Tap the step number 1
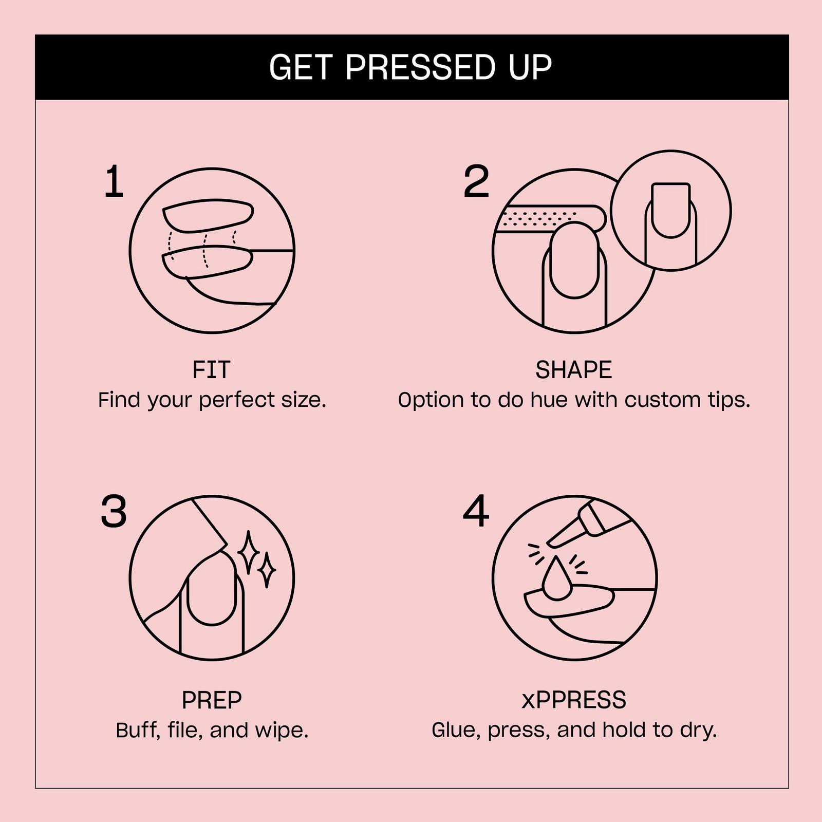[114, 182]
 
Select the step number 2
[476, 182]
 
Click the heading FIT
[211, 370]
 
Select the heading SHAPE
[573, 370]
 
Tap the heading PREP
[211, 700]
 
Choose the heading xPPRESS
[573, 700]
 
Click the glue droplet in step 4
[556, 581]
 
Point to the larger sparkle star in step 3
[249, 552]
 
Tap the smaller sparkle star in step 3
[267, 570]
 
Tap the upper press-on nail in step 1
[208, 216]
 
